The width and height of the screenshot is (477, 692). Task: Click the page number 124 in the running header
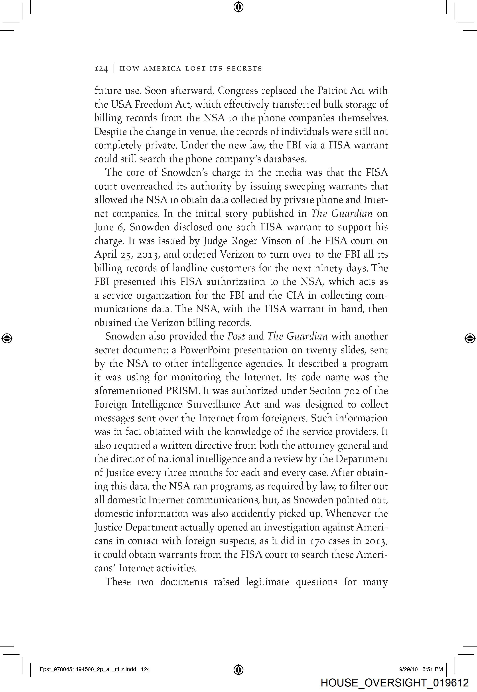pos(101,69)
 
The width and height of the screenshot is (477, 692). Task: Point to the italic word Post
pos(236,336)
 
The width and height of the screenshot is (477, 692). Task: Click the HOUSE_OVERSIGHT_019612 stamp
pos(394,682)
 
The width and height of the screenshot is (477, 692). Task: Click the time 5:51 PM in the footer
pos(432,669)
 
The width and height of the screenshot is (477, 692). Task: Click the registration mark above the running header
pos(238,7)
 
